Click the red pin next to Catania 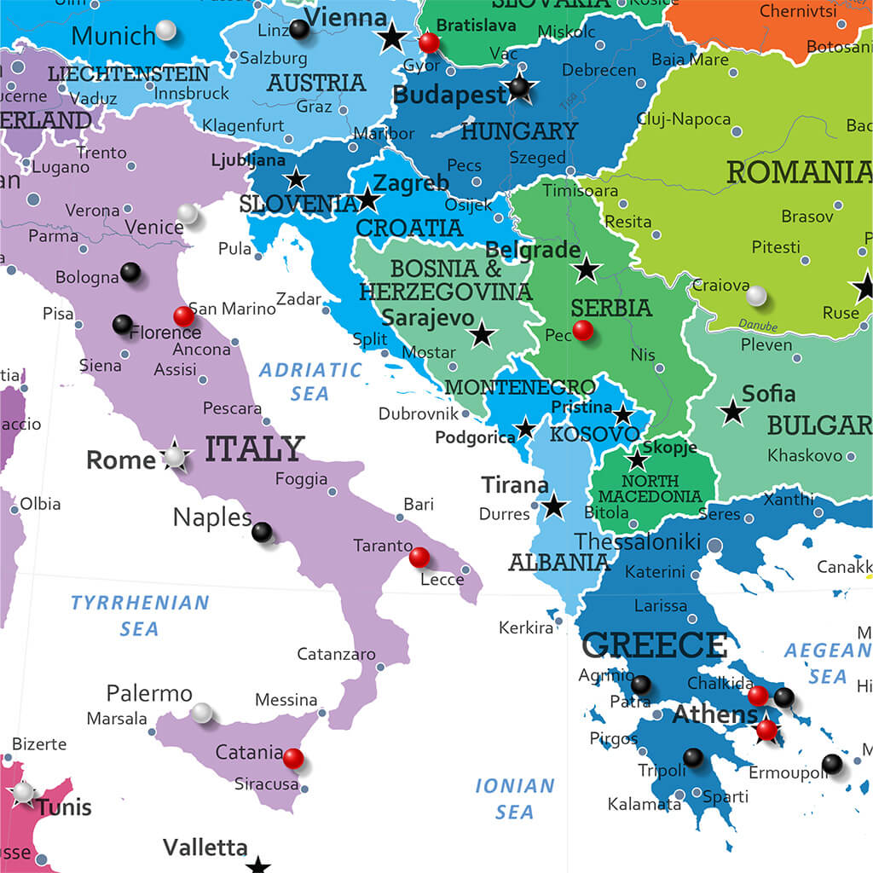tap(292, 758)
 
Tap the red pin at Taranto tap(419, 557)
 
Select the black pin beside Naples tap(262, 532)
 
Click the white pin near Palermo tap(202, 713)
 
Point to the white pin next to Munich tap(166, 31)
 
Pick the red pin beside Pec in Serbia tap(583, 330)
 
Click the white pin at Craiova tap(756, 296)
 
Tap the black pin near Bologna tap(130, 272)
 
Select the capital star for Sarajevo tap(483, 334)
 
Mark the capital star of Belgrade tap(587, 270)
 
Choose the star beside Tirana tap(554, 506)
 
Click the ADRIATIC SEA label tap(310, 381)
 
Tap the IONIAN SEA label tap(515, 798)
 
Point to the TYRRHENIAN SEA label tap(140, 615)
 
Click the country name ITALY tap(255, 448)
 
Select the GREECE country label tap(654, 645)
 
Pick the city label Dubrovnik tap(418, 413)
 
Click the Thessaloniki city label tap(638, 541)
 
